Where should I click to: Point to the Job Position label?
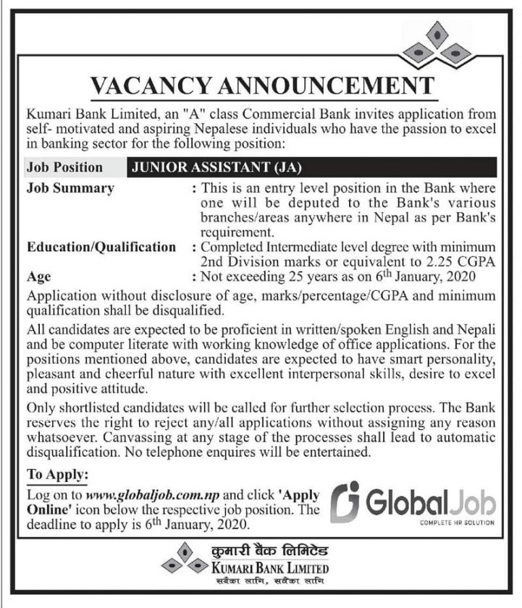pos(64,167)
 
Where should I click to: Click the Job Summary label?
pos(70,188)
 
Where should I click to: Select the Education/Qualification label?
pos(101,247)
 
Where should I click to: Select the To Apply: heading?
pos(57,476)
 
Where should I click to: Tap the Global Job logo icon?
pos(347,499)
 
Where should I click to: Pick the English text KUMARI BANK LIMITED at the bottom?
pos(273,565)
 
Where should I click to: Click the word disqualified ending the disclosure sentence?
pos(183,311)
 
